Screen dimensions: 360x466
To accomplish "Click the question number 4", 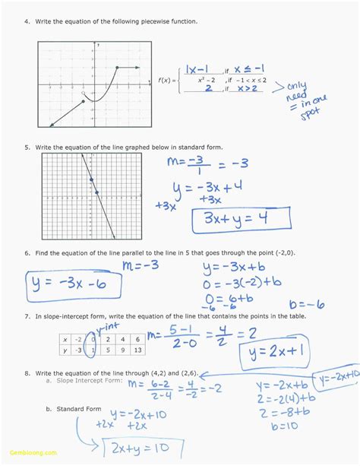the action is [27, 21].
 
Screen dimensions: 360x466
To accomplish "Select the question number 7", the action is [27, 315].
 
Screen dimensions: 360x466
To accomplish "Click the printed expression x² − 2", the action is [207, 79].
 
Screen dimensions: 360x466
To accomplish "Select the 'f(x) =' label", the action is [167, 79].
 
